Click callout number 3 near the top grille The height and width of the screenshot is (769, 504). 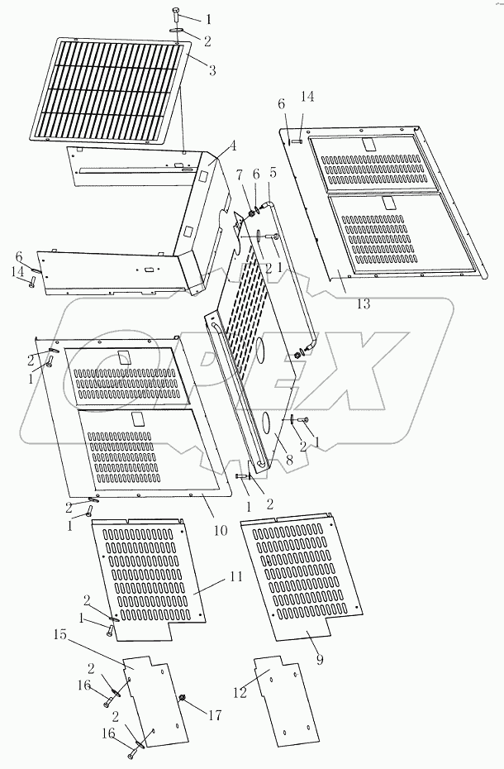[212, 70]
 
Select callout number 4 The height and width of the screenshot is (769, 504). [233, 146]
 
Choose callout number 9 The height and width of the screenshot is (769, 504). [320, 660]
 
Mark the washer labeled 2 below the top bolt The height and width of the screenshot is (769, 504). [179, 35]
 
